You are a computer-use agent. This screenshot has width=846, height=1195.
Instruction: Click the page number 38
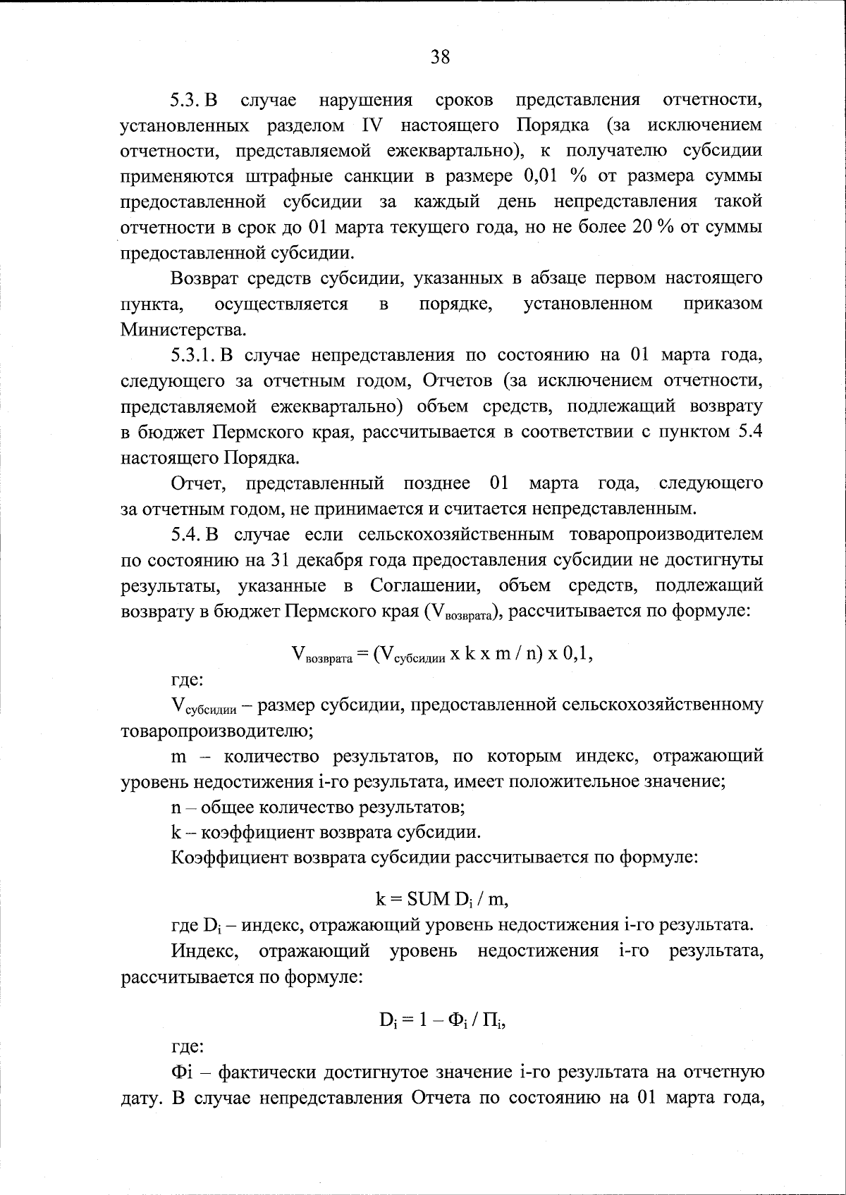(440, 57)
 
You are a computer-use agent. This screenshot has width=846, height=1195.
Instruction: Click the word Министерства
(183, 329)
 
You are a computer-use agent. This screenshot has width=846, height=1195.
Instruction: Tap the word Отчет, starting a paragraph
(199, 483)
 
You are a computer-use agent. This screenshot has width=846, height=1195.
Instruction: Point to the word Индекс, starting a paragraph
(204, 951)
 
